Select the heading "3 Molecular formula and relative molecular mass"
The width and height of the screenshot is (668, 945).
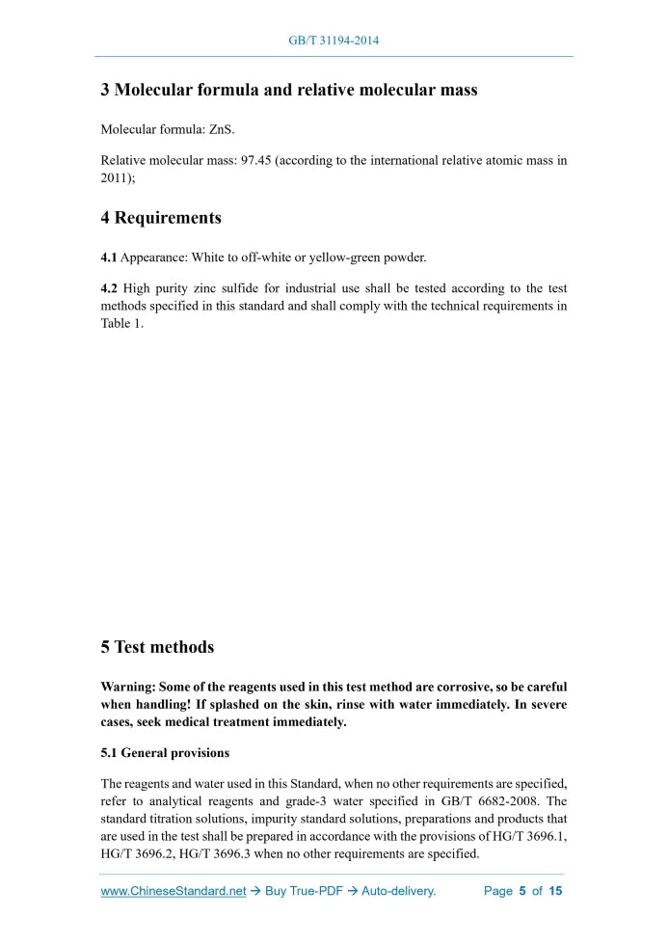[x=289, y=91]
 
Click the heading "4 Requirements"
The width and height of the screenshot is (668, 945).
[x=161, y=218]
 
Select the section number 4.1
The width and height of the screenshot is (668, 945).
[x=111, y=257]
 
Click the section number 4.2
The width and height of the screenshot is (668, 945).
[x=111, y=288]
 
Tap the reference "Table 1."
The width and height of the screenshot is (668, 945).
[x=122, y=323]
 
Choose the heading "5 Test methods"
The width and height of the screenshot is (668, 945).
[x=157, y=647]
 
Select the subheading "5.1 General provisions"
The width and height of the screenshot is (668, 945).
[x=165, y=752]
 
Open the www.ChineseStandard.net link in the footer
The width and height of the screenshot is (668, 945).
[x=174, y=891]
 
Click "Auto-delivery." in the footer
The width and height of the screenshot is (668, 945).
[x=398, y=891]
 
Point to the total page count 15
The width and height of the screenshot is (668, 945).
[x=555, y=891]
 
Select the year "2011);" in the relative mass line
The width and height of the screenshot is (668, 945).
[x=118, y=177]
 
